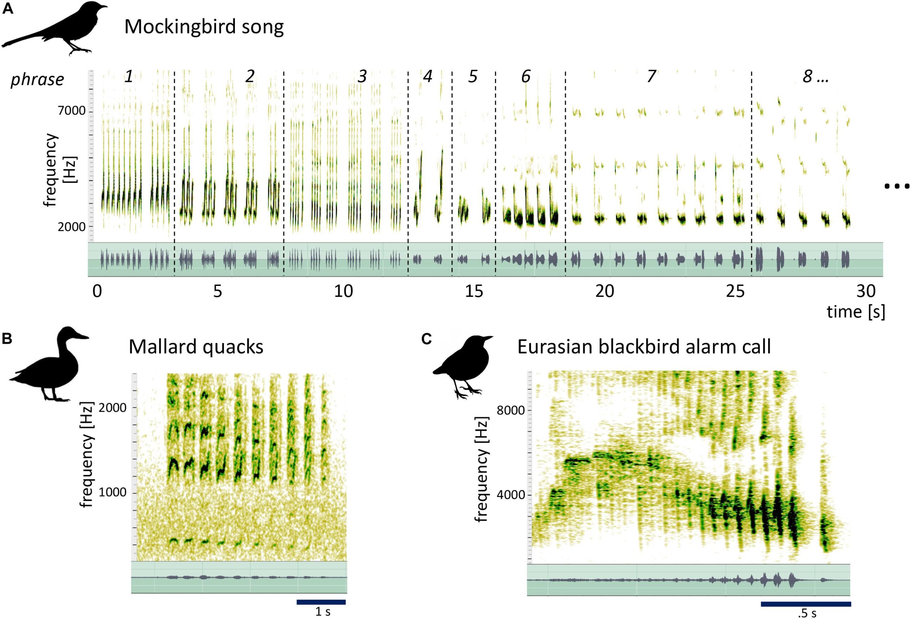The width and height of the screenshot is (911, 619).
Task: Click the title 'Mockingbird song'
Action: click(204, 27)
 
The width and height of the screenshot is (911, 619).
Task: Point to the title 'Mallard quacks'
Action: click(196, 347)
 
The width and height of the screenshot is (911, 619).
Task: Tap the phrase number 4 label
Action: click(427, 77)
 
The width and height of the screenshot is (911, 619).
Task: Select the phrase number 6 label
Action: click(525, 77)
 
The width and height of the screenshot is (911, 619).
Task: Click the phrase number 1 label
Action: click(128, 77)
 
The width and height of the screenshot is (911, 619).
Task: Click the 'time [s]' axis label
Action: click(855, 312)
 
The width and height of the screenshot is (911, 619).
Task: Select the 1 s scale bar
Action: click(321, 602)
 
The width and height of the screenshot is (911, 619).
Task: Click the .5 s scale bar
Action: click(806, 604)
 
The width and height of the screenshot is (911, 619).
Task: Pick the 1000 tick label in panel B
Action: click(112, 493)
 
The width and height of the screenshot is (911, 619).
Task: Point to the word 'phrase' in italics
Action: click(37, 80)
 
